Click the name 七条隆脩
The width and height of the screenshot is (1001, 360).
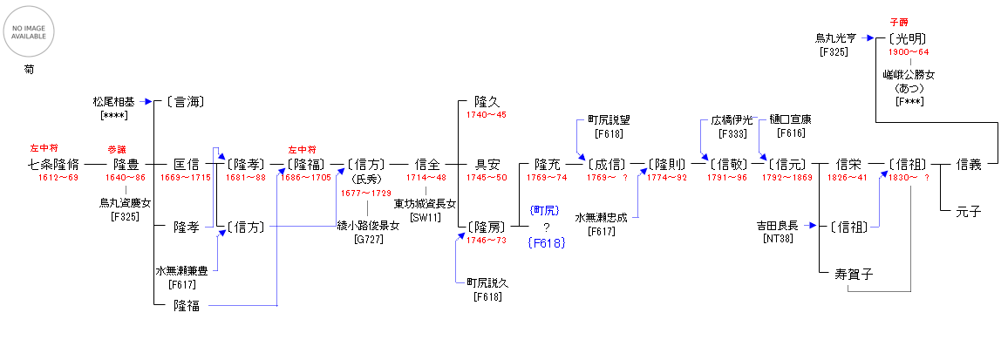coord(53,163)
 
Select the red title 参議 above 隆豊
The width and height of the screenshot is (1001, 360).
coord(117,150)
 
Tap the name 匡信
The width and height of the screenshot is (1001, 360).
coord(186,163)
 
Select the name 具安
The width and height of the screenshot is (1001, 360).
coord(487,163)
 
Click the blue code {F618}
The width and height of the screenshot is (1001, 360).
coord(547,244)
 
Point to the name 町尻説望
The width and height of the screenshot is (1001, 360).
coord(608,121)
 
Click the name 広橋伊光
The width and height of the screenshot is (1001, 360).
coord(731,119)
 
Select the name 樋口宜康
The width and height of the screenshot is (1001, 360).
coord(790,119)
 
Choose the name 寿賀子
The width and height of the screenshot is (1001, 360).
coord(855,274)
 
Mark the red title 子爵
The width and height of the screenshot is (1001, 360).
coord(898,21)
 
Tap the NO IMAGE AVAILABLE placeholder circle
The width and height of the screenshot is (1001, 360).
coord(30,31)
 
